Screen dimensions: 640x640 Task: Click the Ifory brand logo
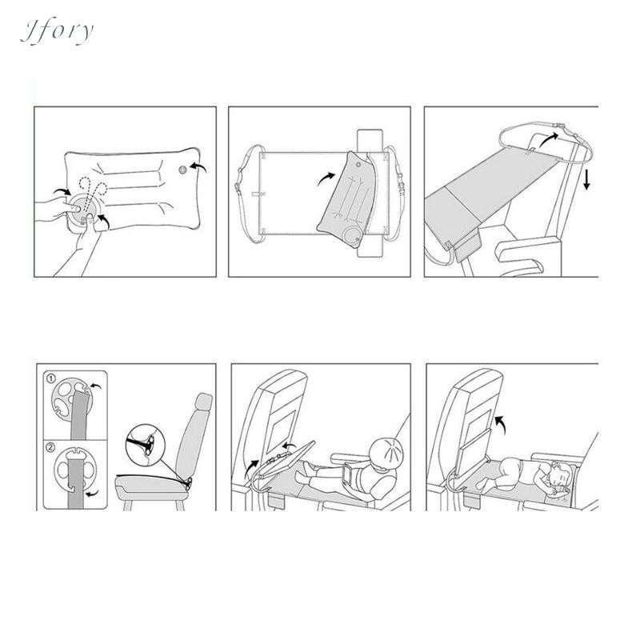[57, 31]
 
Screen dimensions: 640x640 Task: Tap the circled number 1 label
[51, 379]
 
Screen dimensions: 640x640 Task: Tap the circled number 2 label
[50, 447]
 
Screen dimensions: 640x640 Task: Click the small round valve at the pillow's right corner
[183, 170]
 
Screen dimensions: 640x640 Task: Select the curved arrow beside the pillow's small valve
[198, 167]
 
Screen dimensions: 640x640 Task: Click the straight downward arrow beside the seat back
[586, 180]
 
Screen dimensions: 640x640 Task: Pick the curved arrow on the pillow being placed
[326, 178]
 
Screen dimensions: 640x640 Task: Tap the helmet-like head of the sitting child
[388, 452]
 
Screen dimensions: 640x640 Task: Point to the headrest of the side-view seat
[204, 403]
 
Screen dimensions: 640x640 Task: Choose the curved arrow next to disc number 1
[95, 386]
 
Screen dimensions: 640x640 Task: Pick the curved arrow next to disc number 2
[92, 494]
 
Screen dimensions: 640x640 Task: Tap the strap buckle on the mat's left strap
[237, 188]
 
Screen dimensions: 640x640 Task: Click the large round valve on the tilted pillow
[350, 235]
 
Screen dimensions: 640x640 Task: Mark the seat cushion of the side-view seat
[152, 485]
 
